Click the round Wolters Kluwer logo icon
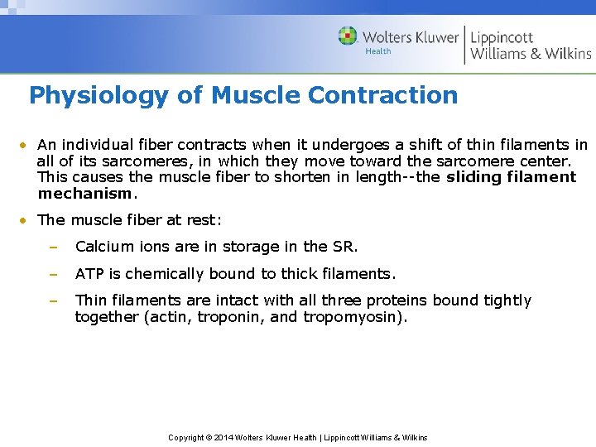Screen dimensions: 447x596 pyautogui.click(x=348, y=36)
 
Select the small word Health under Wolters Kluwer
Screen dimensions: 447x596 pyautogui.click(x=377, y=51)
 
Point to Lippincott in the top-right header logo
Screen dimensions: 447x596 pyautogui.click(x=502, y=37)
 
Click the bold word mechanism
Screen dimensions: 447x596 pyautogui.click(x=84, y=194)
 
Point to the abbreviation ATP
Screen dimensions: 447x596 pyautogui.click(x=89, y=273)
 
